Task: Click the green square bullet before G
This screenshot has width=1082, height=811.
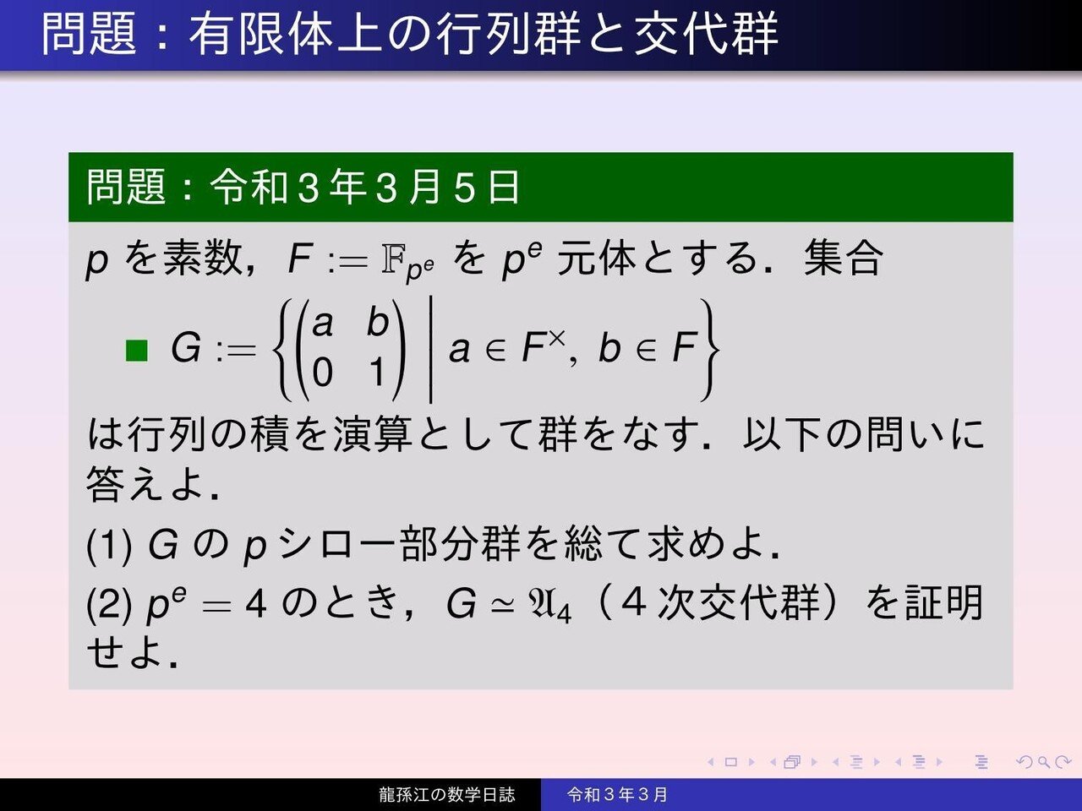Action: pyautogui.click(x=136, y=350)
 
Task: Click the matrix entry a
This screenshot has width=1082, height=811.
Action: pyautogui.click(x=323, y=324)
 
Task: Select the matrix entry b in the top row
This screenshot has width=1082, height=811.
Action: pyautogui.click(x=377, y=322)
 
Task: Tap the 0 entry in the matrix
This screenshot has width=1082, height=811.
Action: pyautogui.click(x=322, y=373)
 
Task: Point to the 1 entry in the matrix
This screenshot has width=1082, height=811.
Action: pyautogui.click(x=378, y=373)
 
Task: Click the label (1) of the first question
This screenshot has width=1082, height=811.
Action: pyautogui.click(x=109, y=546)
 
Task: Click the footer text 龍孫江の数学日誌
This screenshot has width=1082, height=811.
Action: pyautogui.click(x=446, y=795)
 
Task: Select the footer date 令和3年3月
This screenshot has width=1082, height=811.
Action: pyautogui.click(x=617, y=795)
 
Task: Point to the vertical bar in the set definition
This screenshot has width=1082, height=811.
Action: pyautogui.click(x=431, y=348)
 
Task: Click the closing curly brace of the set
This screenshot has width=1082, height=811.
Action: pyautogui.click(x=708, y=348)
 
